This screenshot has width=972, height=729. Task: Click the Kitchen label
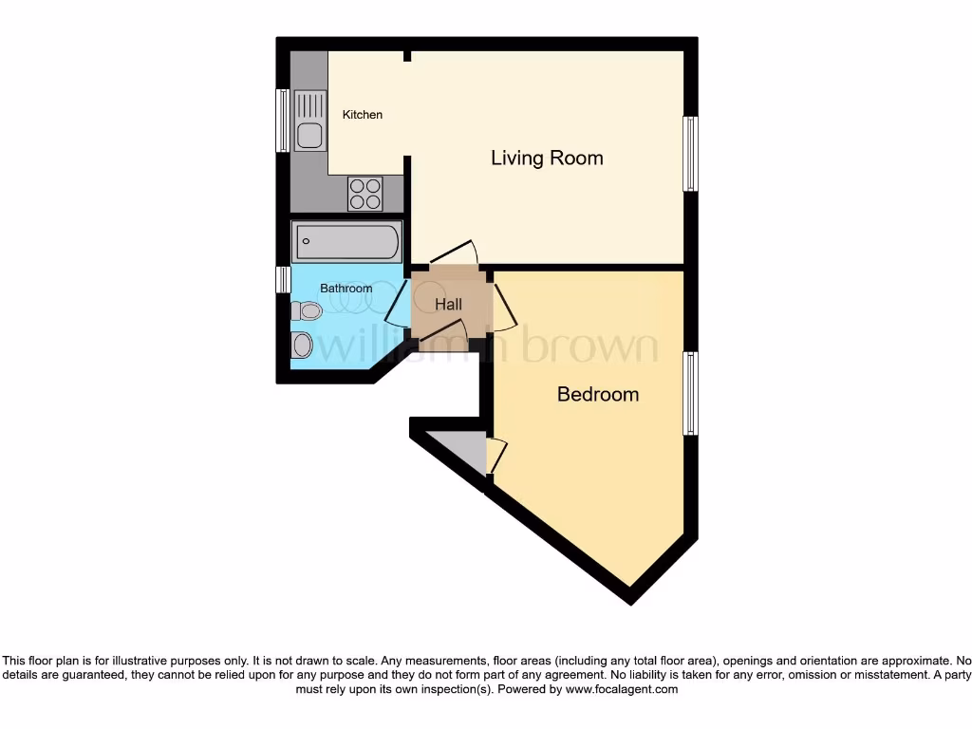pyautogui.click(x=363, y=115)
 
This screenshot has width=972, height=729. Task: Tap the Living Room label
pyautogui.click(x=547, y=158)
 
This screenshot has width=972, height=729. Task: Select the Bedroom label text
pyautogui.click(x=597, y=394)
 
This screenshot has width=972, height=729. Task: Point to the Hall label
pyautogui.click(x=448, y=305)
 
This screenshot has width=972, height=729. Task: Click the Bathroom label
pyautogui.click(x=346, y=289)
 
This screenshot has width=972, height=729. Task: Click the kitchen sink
pyautogui.click(x=308, y=121)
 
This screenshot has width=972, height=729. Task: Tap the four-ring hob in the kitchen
pyautogui.click(x=365, y=194)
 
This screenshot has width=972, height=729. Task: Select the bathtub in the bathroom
pyautogui.click(x=346, y=241)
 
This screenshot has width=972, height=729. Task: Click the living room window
pyautogui.click(x=691, y=154)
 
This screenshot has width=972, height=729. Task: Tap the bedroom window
pyautogui.click(x=691, y=393)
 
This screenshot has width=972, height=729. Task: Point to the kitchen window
pyautogui.click(x=282, y=120)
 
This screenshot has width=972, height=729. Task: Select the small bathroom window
pyautogui.click(x=282, y=279)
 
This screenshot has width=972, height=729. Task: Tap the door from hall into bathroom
pyautogui.click(x=396, y=304)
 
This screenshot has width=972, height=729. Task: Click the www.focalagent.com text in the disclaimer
pyautogui.click(x=621, y=690)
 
